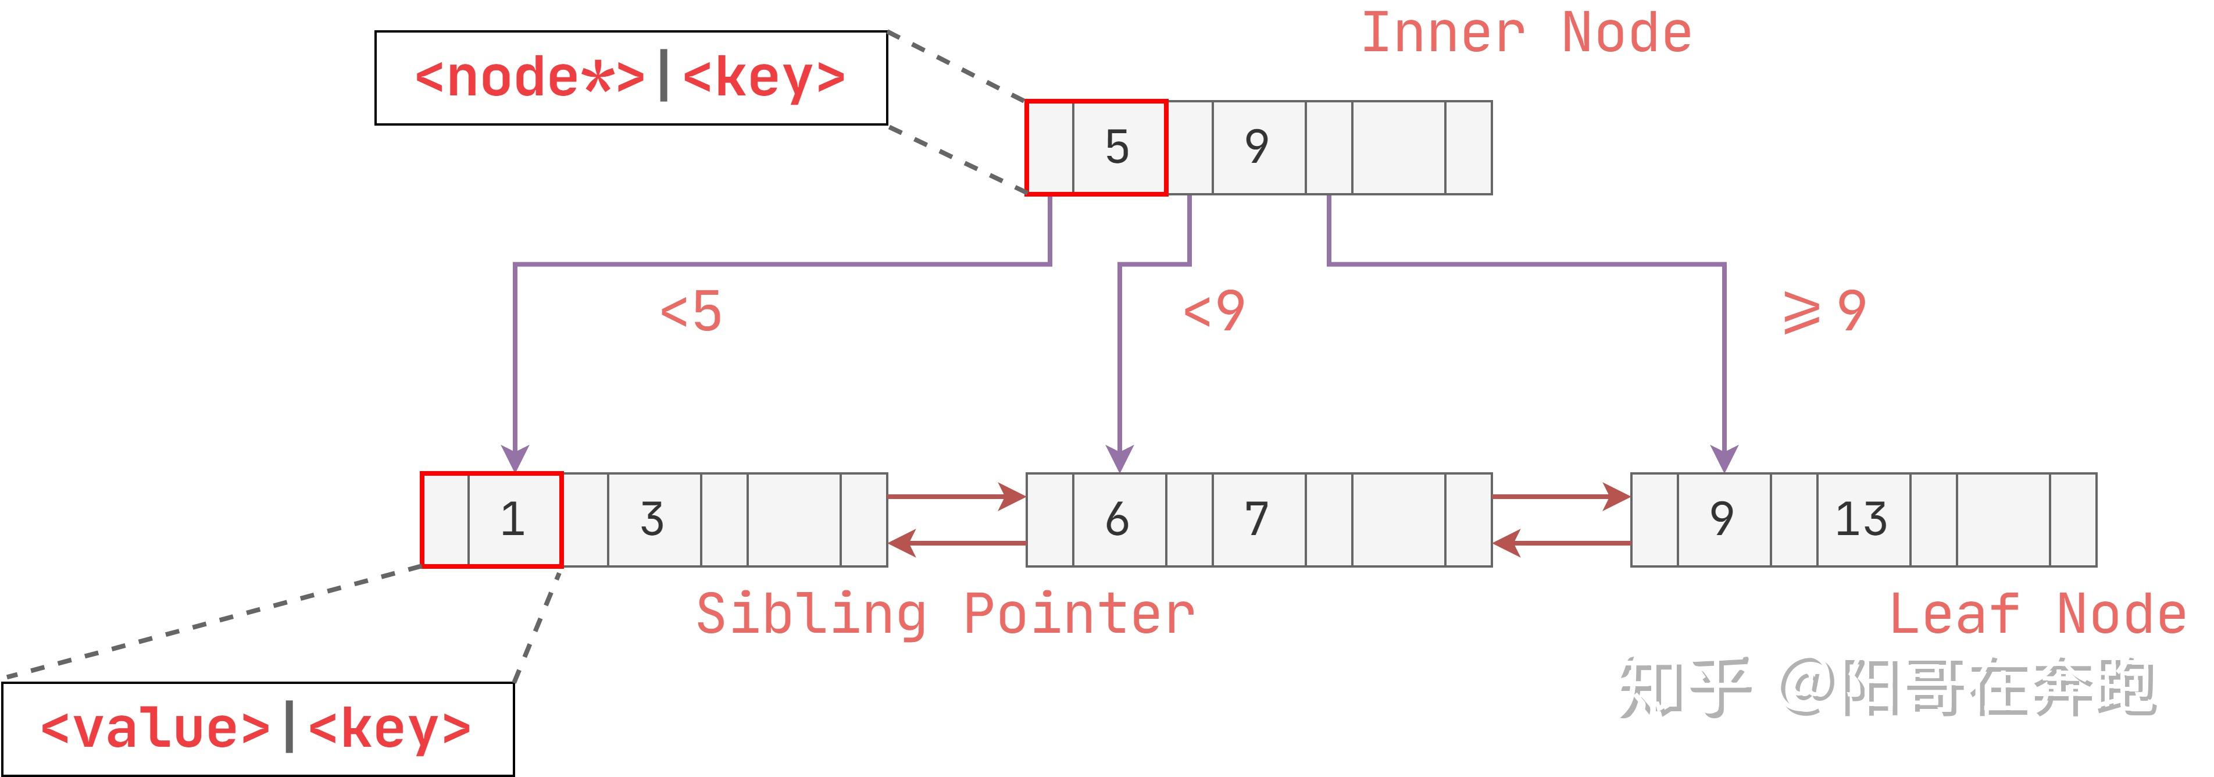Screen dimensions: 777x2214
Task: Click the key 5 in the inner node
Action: pos(1117,147)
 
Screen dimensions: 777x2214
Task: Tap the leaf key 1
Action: pos(513,519)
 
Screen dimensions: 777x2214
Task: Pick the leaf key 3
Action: pos(652,519)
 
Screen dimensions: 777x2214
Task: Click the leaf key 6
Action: pos(1117,519)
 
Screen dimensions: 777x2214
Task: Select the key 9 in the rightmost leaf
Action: pos(1722,519)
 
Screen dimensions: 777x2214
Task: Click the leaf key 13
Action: pos(1862,519)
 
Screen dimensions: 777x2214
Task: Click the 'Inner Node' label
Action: pos(1526,34)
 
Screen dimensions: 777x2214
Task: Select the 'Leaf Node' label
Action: pos(2037,615)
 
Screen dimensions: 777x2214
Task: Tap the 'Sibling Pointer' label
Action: pos(945,615)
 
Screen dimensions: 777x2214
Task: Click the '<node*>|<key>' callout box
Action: pos(631,78)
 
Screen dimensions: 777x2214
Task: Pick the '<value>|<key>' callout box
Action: pos(257,729)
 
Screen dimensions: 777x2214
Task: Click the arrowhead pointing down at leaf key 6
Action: pos(1119,458)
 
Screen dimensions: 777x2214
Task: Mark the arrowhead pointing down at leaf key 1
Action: pos(515,458)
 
